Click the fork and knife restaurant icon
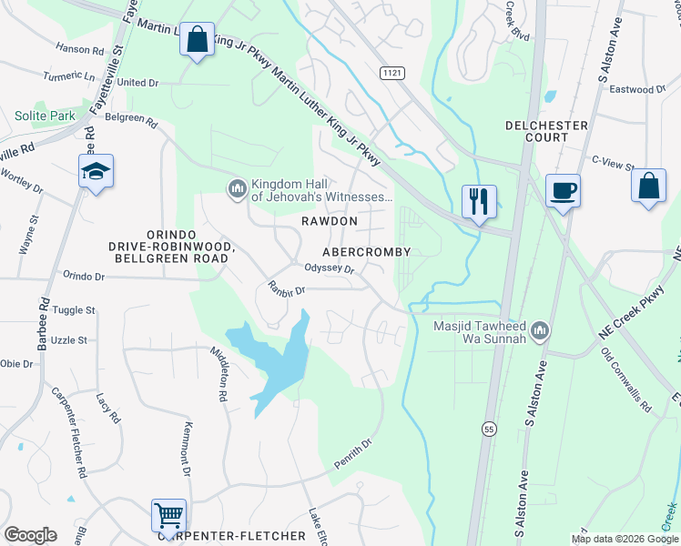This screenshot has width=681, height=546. pos(479,200)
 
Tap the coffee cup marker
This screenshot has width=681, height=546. pos(562,190)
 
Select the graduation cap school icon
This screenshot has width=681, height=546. pos(96,170)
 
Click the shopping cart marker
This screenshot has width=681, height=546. pos(168,515)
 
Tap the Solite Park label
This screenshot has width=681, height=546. pos(45,116)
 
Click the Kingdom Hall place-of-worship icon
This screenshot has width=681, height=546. pos(237,188)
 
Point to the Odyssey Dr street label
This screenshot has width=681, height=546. pos(329,268)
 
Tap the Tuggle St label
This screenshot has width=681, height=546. pos(74,310)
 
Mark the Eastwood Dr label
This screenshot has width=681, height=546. pos(637,90)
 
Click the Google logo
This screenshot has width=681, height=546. pos(30,535)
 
